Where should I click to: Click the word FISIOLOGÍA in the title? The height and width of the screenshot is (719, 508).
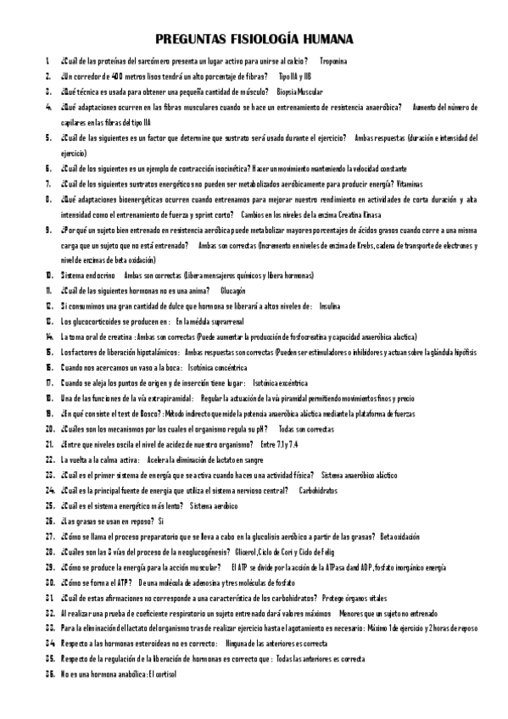click(254, 40)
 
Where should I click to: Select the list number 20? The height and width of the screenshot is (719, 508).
click(49, 429)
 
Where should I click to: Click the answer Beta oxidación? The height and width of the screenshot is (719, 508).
click(399, 536)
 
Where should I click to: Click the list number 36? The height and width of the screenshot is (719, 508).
click(49, 673)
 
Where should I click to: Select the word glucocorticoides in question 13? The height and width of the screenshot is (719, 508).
click(100, 321)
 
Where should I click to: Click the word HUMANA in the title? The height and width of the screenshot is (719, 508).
click(321, 40)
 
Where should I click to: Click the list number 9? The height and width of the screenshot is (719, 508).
click(50, 230)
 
